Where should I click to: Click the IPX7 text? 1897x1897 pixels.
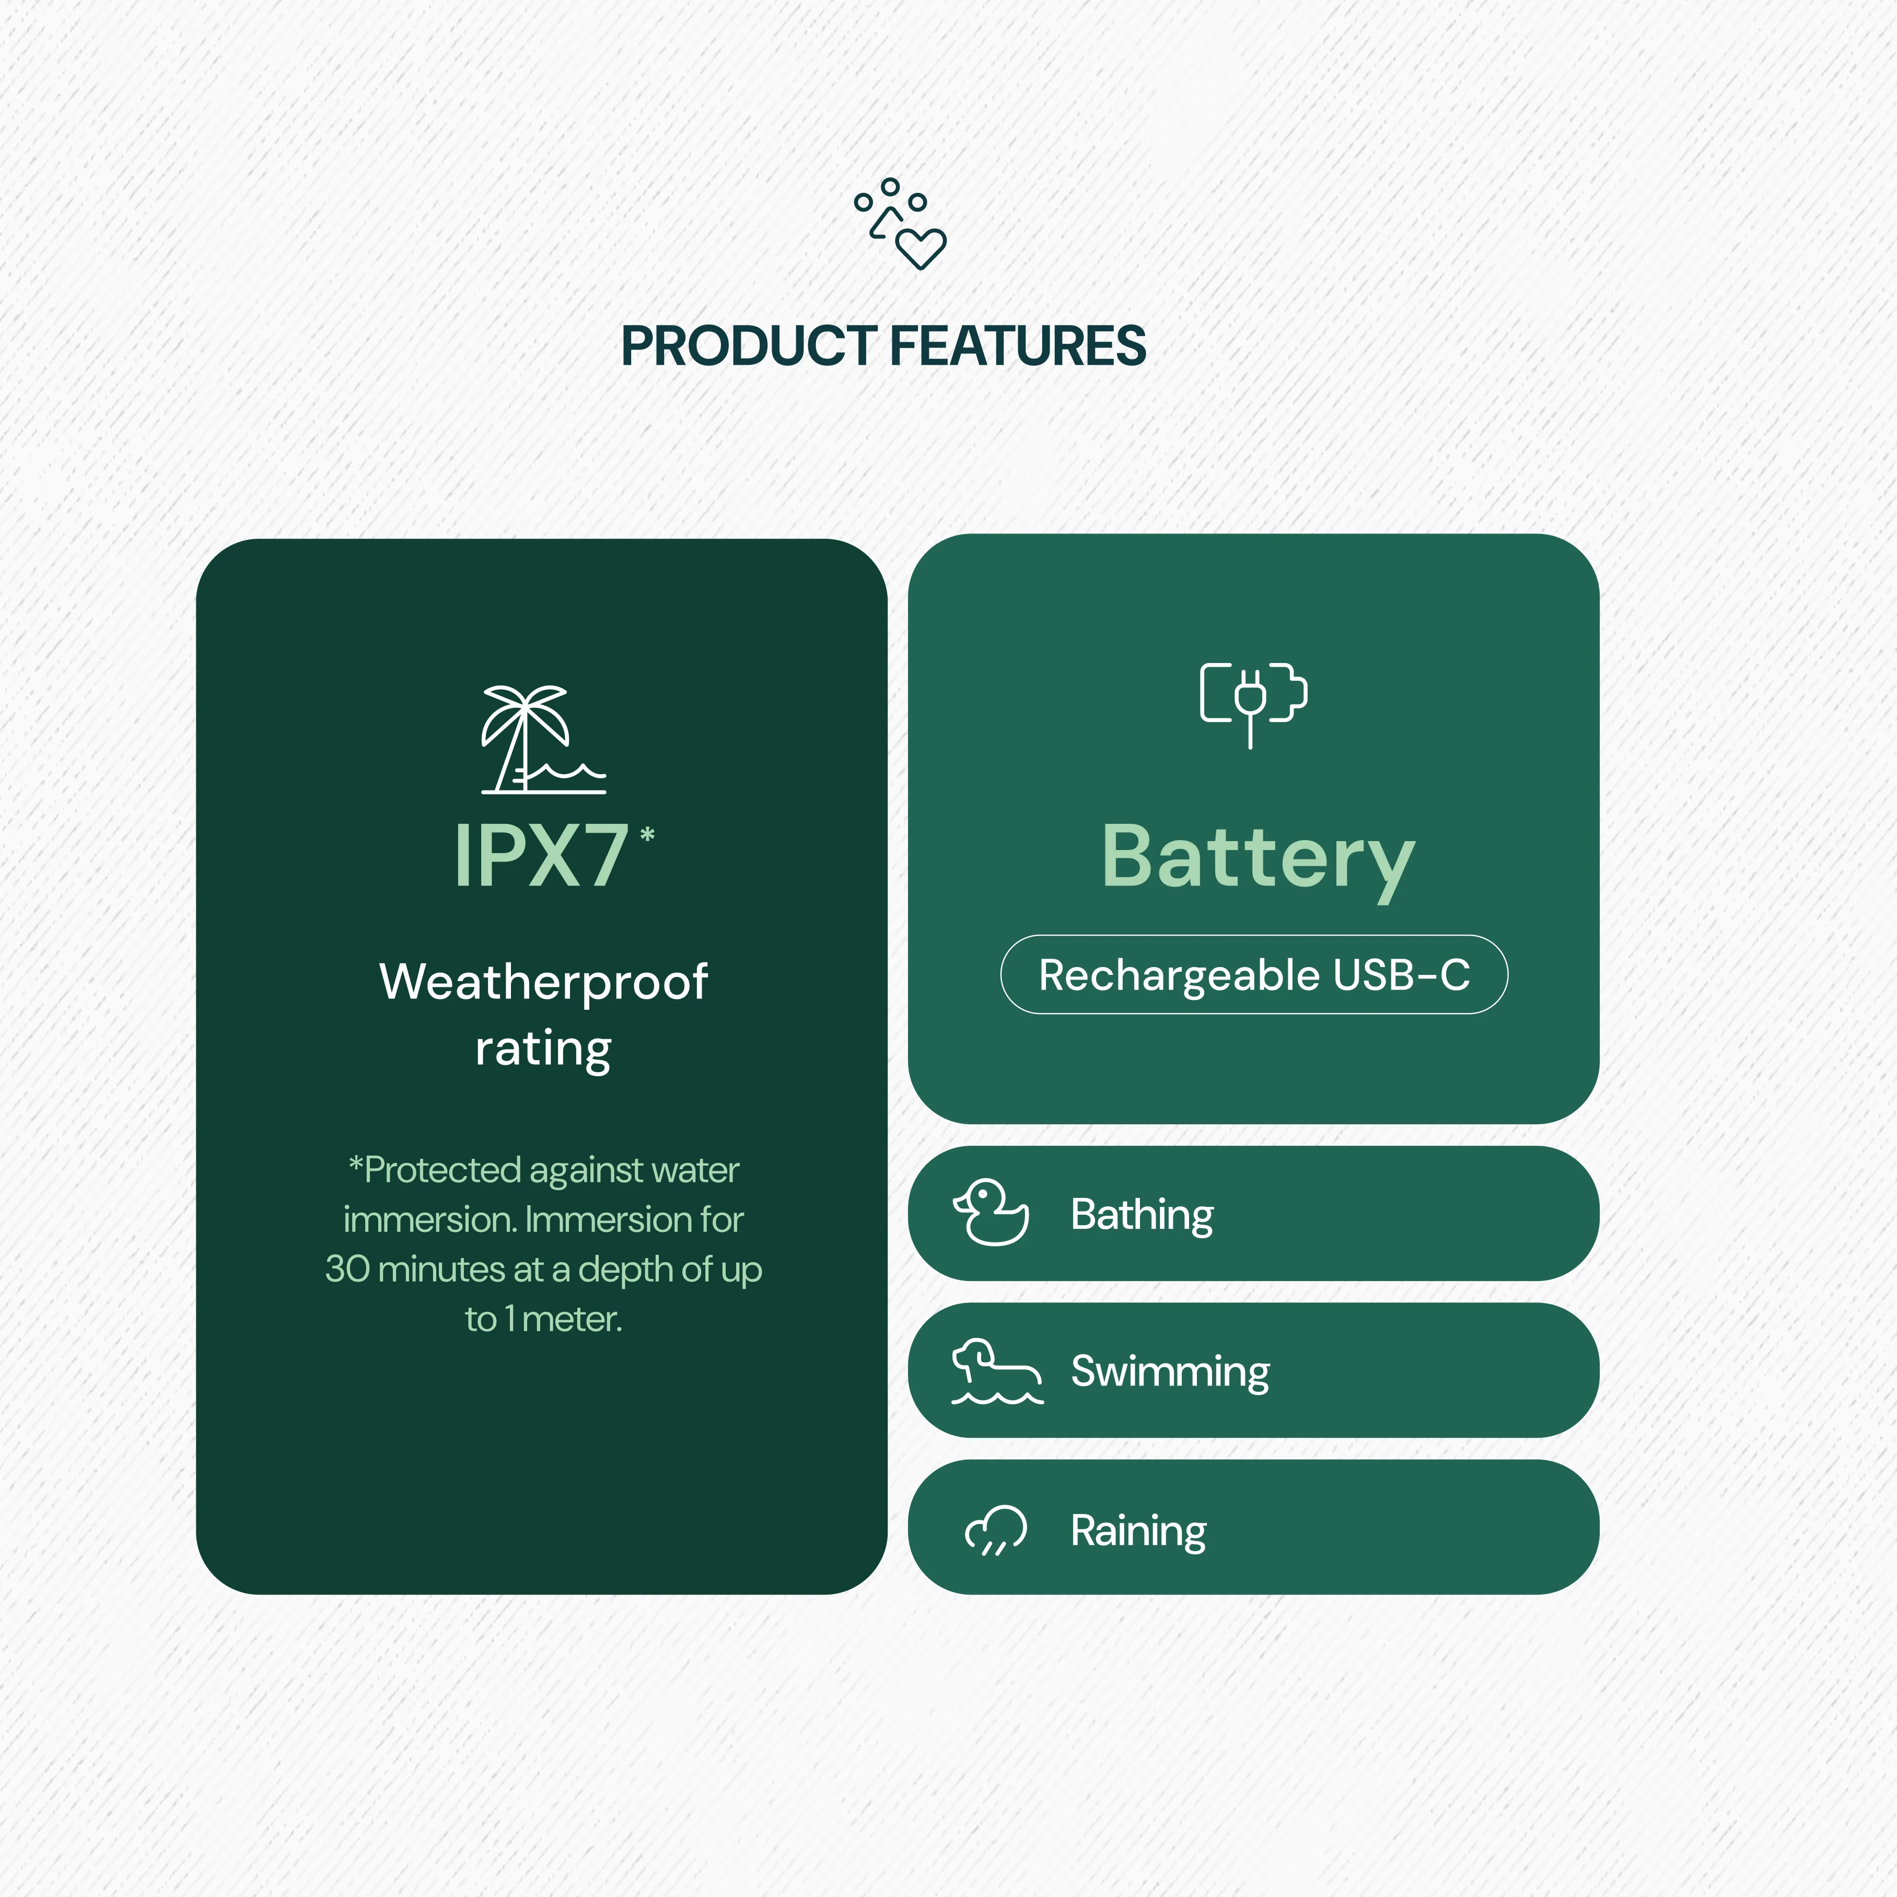[x=541, y=856]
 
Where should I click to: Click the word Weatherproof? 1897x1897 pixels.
[x=543, y=982]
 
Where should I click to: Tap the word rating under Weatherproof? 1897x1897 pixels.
[x=543, y=1049]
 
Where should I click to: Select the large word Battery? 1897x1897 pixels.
[x=1258, y=857]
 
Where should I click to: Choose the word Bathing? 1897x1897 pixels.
[x=1142, y=1215]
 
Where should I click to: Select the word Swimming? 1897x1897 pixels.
[x=1169, y=1372]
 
